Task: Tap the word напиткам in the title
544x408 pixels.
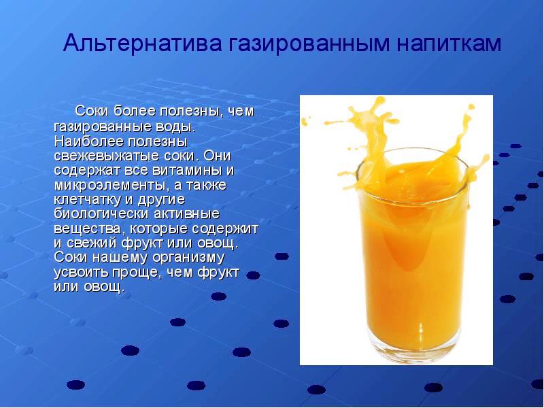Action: coord(445,44)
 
